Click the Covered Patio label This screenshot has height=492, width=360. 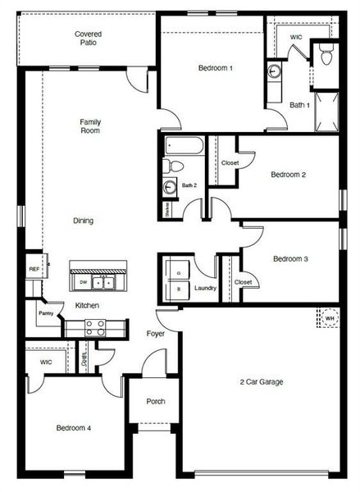pos(89,38)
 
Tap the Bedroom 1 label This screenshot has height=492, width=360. pos(216,68)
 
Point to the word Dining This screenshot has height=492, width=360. pos(84,221)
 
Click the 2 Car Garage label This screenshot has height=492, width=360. pos(261,381)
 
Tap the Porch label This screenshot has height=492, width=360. pos(156,402)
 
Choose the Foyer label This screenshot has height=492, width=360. pos(156,335)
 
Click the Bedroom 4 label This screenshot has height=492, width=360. pos(73,428)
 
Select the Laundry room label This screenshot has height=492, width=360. pos(205,288)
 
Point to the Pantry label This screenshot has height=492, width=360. pos(45,312)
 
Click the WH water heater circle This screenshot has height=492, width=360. pos(329,318)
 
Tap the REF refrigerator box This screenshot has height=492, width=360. pos(34,269)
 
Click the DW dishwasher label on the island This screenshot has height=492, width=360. pos(84,281)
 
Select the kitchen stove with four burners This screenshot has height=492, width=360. pos(94,328)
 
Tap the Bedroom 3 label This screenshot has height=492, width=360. pos(290,259)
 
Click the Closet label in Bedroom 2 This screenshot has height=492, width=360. pos(230,162)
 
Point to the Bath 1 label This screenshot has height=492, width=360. pos(299,105)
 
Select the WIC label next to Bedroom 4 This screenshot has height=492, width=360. pos(46,362)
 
